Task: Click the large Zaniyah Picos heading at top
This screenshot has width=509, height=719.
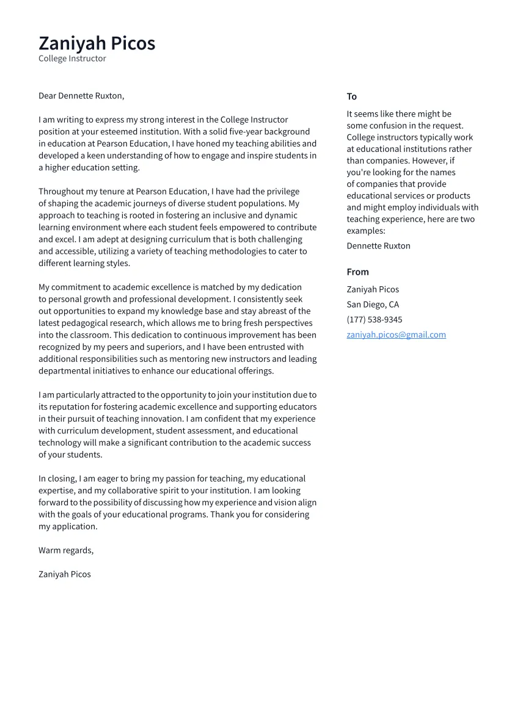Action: (x=97, y=43)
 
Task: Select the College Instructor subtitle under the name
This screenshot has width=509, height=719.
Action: (x=72, y=59)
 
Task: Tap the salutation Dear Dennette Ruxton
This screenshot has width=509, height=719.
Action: (x=81, y=96)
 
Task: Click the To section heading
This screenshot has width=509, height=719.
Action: (x=351, y=96)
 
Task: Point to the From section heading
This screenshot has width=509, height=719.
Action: (x=357, y=272)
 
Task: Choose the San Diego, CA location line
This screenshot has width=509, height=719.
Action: (x=373, y=305)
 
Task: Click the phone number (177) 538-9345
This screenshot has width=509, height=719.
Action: (x=374, y=319)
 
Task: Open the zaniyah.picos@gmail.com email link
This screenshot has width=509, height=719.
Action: (x=396, y=334)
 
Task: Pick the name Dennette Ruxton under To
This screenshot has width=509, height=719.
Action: (x=378, y=246)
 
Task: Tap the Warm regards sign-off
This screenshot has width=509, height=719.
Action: (x=66, y=551)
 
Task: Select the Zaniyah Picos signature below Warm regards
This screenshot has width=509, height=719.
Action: (x=64, y=574)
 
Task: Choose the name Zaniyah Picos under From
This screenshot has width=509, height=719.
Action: (x=373, y=289)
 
